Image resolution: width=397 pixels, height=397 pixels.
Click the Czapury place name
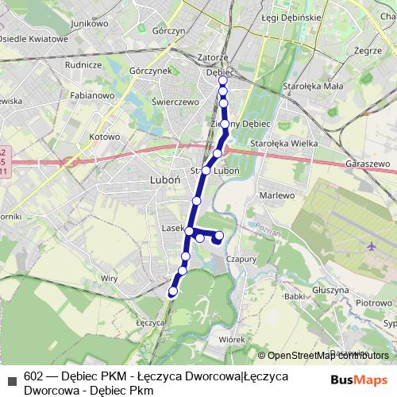point(241,259)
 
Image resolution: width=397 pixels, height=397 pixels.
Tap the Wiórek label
point(232,339)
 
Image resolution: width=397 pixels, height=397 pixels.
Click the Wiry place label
point(109,278)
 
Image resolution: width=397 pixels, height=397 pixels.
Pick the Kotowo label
point(103,137)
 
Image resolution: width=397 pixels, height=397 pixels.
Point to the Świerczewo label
point(175,102)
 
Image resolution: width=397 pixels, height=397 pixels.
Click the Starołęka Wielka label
point(283,143)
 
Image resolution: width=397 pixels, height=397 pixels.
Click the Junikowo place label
point(89,24)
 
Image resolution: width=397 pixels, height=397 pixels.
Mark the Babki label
point(295,296)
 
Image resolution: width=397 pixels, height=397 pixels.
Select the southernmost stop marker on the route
point(172,292)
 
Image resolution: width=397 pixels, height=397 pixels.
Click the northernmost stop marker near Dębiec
point(223,80)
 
